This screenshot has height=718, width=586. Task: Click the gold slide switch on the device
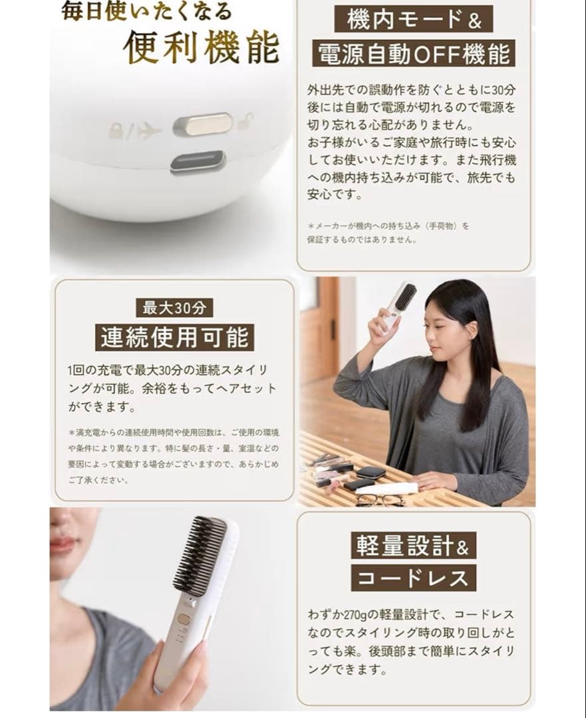[x=203, y=124]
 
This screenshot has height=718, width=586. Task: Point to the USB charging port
[x=198, y=162]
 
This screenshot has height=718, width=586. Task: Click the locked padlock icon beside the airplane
[x=117, y=130]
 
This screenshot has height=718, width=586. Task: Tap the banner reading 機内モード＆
[x=413, y=20]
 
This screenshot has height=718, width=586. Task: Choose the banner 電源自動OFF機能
[x=413, y=54]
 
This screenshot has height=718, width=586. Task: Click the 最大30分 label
[x=174, y=308]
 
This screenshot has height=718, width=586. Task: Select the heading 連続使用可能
[x=174, y=338]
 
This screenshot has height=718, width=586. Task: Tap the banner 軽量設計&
[x=413, y=546]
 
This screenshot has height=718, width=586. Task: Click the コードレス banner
[x=413, y=578]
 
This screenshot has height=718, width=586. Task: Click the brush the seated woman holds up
[x=398, y=303]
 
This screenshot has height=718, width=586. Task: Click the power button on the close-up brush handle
[x=184, y=619]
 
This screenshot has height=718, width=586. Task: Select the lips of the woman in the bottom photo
[x=63, y=545]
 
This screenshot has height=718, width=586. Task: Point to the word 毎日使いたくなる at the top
[x=146, y=11]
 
